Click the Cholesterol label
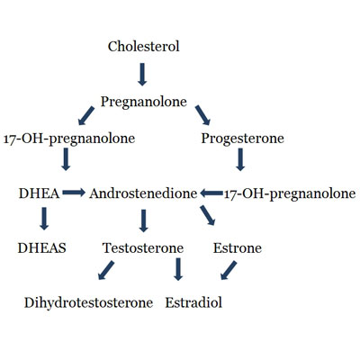[144, 47]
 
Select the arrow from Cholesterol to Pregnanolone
[142, 75]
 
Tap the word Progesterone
[242, 139]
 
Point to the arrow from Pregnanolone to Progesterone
[202, 115]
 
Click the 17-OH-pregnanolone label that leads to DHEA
[69, 139]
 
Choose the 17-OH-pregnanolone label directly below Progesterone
[290, 193]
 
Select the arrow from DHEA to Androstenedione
[74, 193]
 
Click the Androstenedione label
[143, 193]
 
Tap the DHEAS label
[42, 248]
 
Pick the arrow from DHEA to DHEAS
[44, 219]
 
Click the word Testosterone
[143, 248]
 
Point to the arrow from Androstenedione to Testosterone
[144, 220]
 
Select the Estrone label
[238, 248]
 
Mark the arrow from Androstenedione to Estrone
[208, 215]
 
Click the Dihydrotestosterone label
[88, 302]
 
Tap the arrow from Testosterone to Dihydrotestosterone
[106, 270]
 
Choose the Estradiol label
[193, 302]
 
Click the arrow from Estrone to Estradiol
[229, 270]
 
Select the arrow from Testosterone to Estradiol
[178, 269]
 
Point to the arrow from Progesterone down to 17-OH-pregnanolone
[240, 159]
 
